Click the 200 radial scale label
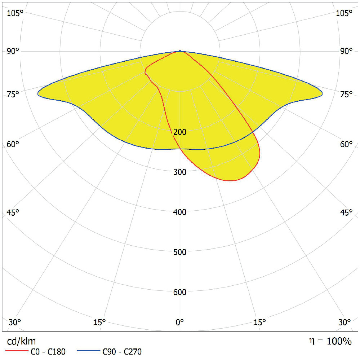coord(180,132)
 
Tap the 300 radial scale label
coord(180,172)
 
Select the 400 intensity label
coord(180,212)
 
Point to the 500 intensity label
coord(180,252)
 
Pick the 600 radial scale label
coord(180,292)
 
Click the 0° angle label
coord(180,322)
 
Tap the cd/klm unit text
coord(22,341)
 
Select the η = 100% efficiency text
coord(330,341)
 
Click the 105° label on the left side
coord(15,13)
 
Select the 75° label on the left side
coord(13,95)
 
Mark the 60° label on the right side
coord(346,144)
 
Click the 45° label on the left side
coord(13,212)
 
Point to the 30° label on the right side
coord(345,322)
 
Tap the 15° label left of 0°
coord(99,322)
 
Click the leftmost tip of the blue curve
coord(38,94)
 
